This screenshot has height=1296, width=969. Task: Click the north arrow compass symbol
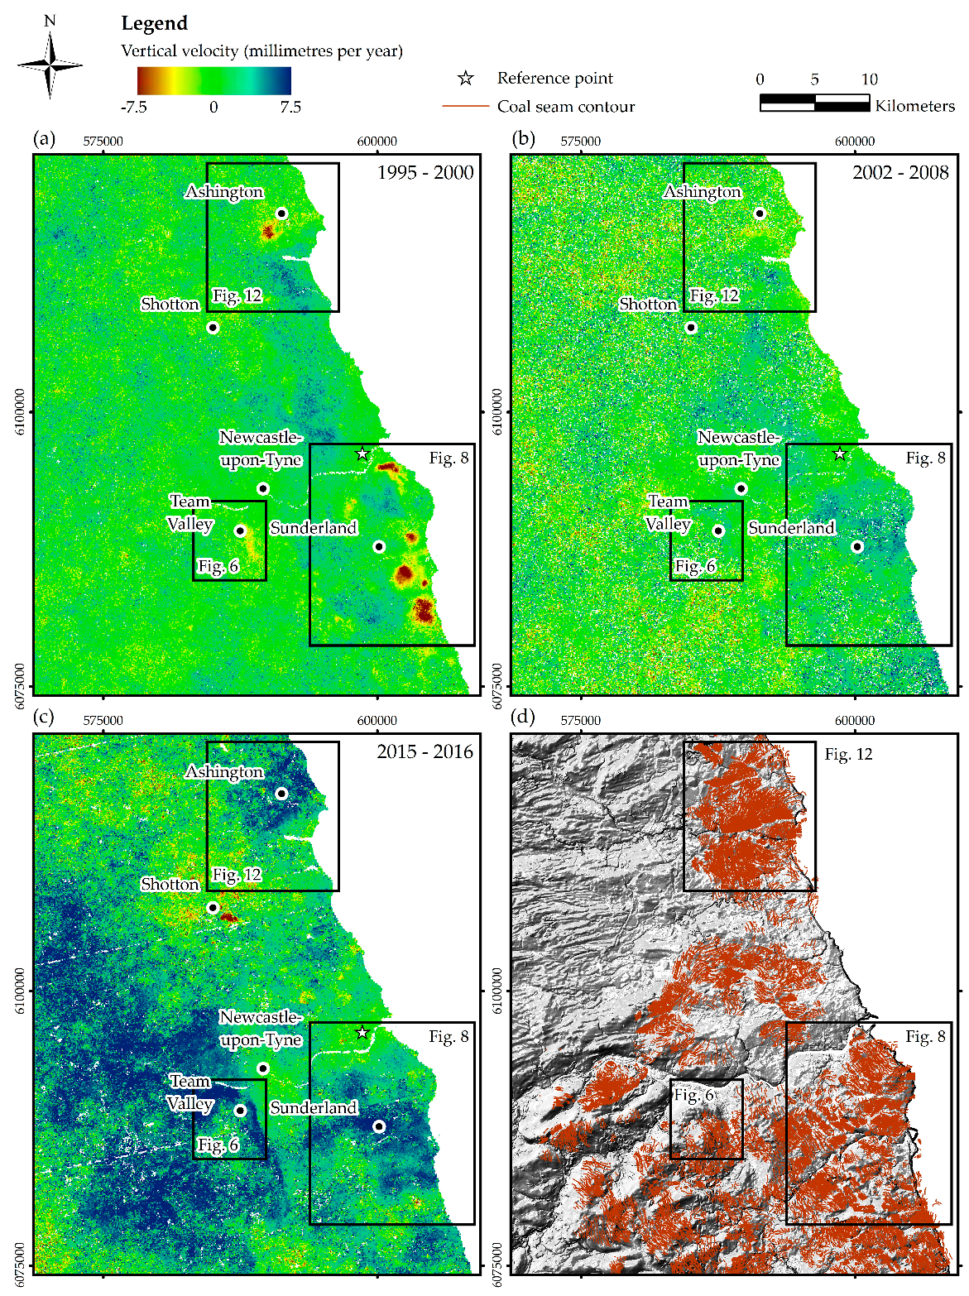[50, 65]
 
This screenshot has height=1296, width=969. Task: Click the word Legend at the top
[154, 23]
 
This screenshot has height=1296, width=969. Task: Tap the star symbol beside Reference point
[466, 79]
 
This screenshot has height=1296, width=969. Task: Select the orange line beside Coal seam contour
[466, 107]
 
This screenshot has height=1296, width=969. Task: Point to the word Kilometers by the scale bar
[914, 106]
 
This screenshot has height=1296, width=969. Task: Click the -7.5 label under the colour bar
[133, 107]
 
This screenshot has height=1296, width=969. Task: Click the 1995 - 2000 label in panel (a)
[425, 173]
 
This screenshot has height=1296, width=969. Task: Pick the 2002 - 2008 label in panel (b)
[900, 173]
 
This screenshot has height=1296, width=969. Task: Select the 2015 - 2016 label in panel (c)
[425, 752]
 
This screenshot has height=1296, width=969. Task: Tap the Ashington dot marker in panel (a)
[281, 214]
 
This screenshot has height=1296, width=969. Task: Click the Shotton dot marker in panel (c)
[213, 908]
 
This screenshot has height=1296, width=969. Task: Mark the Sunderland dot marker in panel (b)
[857, 547]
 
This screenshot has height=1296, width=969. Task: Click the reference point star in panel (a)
[362, 454]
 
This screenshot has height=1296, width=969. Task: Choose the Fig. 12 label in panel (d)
[848, 755]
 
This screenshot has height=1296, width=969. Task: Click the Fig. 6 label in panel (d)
[693, 1096]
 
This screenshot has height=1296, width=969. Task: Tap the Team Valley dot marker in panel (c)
[240, 1111]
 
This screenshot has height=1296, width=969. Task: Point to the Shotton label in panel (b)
[648, 305]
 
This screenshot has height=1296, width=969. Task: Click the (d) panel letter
[523, 717]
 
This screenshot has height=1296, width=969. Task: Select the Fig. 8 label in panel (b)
[925, 458]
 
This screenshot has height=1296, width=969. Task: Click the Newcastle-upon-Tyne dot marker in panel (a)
[263, 489]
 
